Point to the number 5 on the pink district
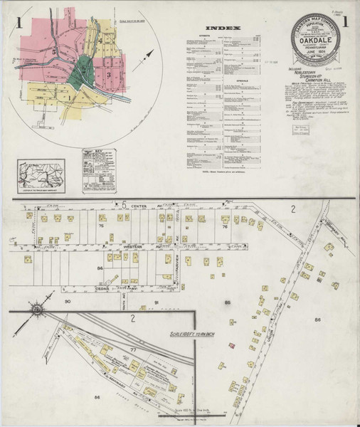[54, 52]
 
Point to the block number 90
[68, 302]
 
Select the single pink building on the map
[231, 345]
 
